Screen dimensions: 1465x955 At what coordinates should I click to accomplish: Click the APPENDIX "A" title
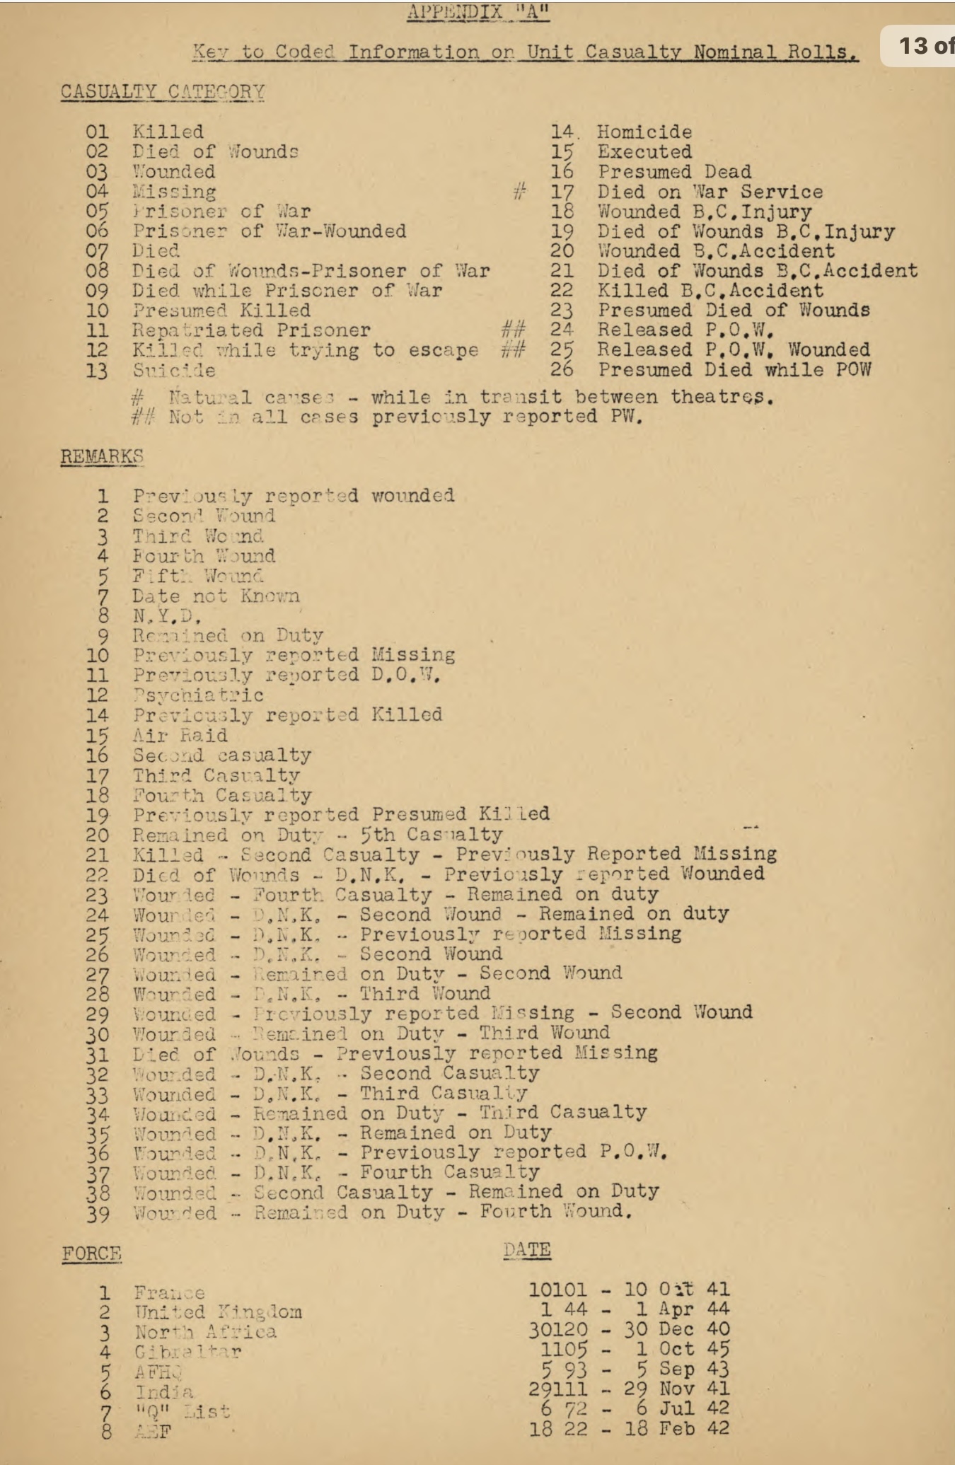pos(477,12)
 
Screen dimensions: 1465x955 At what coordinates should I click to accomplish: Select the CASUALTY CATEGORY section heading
pos(163,92)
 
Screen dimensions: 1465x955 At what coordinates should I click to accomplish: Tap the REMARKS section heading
pos(102,456)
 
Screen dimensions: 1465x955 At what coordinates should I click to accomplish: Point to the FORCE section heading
pos(91,1253)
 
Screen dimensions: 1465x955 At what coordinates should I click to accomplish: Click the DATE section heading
pos(527,1250)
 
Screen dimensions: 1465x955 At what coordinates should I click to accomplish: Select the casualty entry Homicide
pos(644,132)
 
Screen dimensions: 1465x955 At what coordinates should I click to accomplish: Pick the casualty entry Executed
pos(644,152)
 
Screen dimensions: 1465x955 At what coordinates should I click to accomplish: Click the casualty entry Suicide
pos(174,370)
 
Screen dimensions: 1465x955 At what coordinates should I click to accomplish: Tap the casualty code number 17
pos(562,192)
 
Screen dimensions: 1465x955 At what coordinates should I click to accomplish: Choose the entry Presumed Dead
pos(674,172)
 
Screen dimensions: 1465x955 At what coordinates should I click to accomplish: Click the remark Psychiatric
pos(198,695)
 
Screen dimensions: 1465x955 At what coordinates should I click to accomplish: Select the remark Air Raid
pos(180,735)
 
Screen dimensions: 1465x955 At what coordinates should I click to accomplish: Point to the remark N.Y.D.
pos(167,615)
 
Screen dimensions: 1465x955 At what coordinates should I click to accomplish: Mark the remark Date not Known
pos(216,596)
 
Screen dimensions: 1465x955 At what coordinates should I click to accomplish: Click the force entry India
pos(163,1392)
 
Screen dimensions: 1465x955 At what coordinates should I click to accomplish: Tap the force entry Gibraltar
pos(187,1352)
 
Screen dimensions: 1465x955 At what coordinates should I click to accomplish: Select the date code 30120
pos(557,1329)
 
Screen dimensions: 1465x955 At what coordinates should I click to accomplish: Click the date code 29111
pos(557,1389)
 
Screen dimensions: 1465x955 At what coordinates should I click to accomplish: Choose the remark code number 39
pos(98,1214)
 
